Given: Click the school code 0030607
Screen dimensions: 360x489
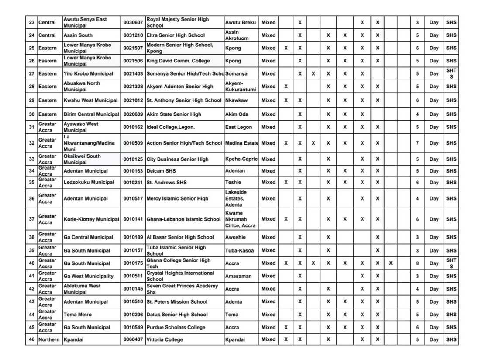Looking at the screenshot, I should point(133,22).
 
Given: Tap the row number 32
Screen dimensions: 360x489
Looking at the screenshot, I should point(31,143).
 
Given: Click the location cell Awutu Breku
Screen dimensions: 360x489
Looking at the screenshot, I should point(241,22).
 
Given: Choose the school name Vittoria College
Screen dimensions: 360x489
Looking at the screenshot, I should point(165,339).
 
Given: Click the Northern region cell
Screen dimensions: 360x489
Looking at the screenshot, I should point(49,339).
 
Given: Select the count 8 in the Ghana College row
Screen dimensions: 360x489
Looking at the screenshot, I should point(417,263).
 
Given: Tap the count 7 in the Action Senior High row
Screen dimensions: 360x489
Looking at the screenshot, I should point(417,143).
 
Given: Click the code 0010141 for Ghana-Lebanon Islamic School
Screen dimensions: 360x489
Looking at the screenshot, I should point(133,219).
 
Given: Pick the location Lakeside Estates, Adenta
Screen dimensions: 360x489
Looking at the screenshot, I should point(236,198).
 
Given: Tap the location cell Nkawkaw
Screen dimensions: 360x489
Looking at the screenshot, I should point(237,100).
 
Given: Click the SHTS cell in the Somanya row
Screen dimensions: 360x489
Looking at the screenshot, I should point(451,73).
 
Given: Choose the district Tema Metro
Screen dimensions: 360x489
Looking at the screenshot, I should point(78,315).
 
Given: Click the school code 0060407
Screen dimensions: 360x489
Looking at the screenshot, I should point(133,339).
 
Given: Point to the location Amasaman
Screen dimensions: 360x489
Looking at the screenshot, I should point(238,276).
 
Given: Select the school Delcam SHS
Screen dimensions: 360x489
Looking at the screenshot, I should point(161,171).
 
